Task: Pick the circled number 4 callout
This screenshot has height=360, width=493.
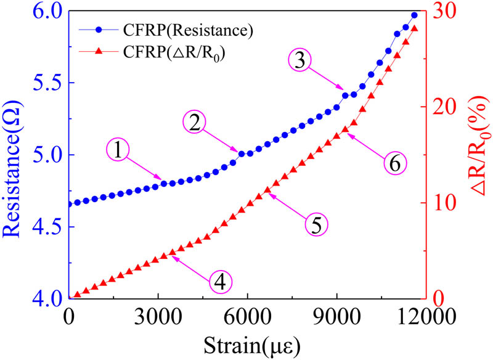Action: (220, 282)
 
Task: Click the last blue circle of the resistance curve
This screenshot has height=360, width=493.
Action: (414, 15)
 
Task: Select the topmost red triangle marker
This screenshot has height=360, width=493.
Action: (414, 29)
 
